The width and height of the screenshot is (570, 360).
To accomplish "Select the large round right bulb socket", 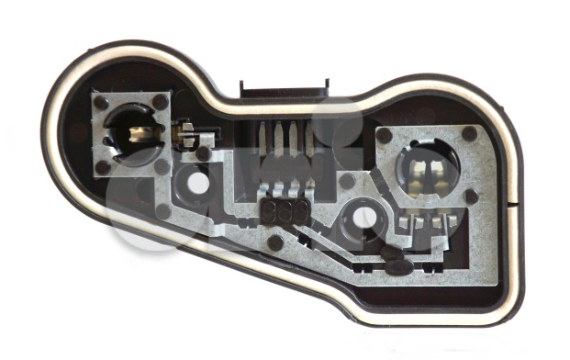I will pyautogui.click(x=427, y=169).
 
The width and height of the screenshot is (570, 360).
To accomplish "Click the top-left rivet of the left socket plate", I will pyautogui.click(x=101, y=102).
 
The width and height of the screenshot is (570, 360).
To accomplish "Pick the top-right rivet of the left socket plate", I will pyautogui.click(x=161, y=102).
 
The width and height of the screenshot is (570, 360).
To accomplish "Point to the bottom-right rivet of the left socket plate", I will pyautogui.click(x=162, y=166).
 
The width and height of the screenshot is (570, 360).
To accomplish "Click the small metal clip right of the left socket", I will pyautogui.click(x=186, y=132).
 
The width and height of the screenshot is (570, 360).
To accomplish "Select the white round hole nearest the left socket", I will pyautogui.click(x=198, y=182).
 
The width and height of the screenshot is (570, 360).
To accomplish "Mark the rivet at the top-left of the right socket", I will pyautogui.click(x=384, y=135).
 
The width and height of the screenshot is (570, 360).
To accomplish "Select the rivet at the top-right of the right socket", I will pyautogui.click(x=469, y=134).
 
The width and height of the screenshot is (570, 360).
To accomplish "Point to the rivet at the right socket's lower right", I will pyautogui.click(x=471, y=197).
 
